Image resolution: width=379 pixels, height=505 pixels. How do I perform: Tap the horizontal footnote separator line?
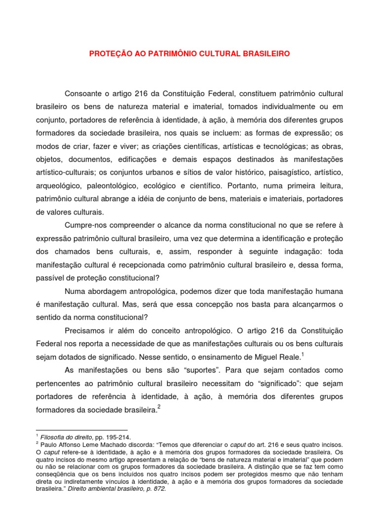[x=81, y=430]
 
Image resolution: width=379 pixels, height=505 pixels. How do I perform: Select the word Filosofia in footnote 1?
[x=54, y=437]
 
